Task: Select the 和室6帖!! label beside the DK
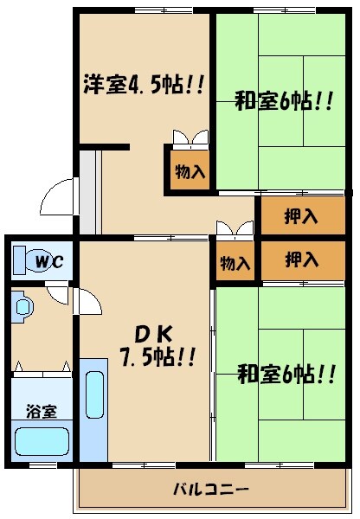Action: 286,375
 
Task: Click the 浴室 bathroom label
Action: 41,410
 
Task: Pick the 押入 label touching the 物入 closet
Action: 300,258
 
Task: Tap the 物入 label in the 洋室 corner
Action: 190,171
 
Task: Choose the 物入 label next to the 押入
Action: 235,261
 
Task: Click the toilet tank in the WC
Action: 18,260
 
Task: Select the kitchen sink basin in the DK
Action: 95,390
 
